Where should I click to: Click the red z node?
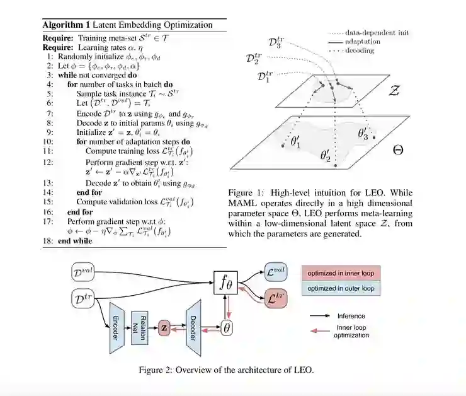pos(165,328)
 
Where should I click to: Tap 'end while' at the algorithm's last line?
pos(74,241)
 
